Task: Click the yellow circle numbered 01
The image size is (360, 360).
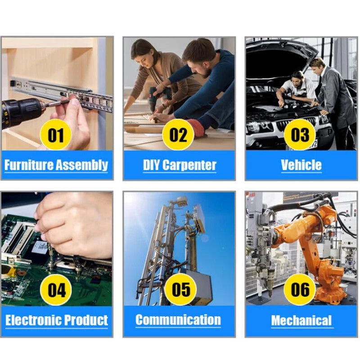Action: pos(56,135)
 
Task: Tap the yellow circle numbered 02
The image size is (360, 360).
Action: pos(178,135)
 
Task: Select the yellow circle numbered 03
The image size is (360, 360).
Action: pos(300,135)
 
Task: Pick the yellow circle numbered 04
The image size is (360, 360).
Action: pos(56,290)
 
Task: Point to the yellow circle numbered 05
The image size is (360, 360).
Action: pos(181,289)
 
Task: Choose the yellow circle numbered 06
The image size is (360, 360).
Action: pos(300,289)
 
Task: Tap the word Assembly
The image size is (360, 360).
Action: pos(82,165)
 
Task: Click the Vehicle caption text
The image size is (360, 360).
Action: pos(301,165)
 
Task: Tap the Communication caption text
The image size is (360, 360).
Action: pos(178,319)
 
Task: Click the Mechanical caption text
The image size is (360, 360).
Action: pos(301,320)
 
